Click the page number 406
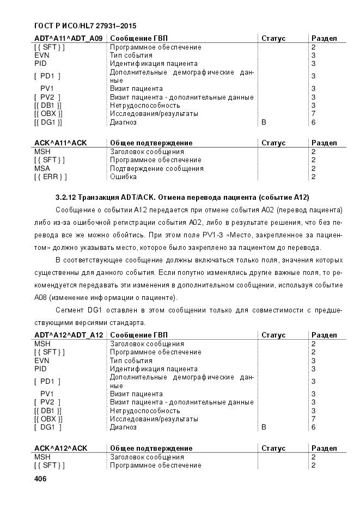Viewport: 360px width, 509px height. click(x=40, y=479)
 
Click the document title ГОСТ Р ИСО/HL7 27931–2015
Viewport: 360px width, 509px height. click(x=85, y=26)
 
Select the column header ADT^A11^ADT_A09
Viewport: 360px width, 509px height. click(x=68, y=39)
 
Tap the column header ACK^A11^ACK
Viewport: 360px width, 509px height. click(x=60, y=143)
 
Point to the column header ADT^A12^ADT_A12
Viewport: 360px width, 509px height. click(x=69, y=335)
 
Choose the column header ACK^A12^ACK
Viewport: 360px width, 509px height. click(x=60, y=449)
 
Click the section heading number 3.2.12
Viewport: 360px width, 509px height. click(x=67, y=197)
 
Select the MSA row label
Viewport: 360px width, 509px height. click(x=42, y=169)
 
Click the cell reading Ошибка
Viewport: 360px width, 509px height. click(x=123, y=177)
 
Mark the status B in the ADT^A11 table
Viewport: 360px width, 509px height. click(x=264, y=122)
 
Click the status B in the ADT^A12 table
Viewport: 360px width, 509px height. click(x=264, y=428)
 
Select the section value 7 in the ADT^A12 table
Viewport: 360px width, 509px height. click(x=313, y=419)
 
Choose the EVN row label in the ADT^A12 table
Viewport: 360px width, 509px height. click(x=41, y=360)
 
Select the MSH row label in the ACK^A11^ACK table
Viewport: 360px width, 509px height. click(x=42, y=152)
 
